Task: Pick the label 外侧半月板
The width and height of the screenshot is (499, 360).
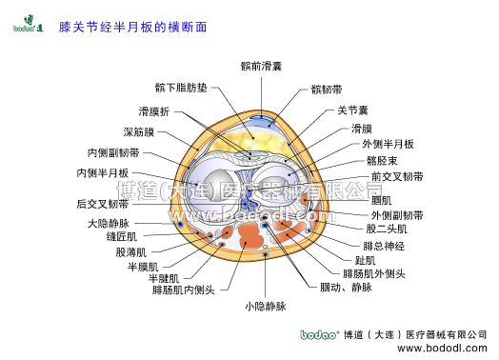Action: click(x=389, y=144)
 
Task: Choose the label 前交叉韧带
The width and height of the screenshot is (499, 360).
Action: click(x=398, y=176)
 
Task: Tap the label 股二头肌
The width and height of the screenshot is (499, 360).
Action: click(x=387, y=229)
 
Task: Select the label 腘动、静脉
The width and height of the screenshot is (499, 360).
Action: click(x=346, y=287)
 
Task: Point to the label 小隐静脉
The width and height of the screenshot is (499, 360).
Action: click(x=266, y=306)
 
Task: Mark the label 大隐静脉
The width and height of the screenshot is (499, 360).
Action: click(x=108, y=223)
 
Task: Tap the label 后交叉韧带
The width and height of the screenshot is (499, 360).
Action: click(x=103, y=203)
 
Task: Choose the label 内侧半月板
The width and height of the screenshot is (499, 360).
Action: click(x=103, y=172)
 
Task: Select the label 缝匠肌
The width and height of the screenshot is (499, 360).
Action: click(x=121, y=236)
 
